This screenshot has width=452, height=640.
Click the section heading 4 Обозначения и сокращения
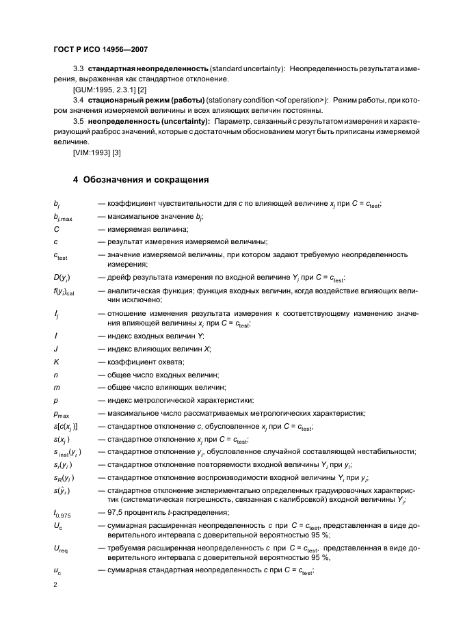141,180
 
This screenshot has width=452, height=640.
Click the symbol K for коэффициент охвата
55,362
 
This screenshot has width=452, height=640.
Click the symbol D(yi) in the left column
62,278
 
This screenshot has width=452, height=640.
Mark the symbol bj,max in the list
63,217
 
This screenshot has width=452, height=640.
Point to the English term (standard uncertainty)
247,70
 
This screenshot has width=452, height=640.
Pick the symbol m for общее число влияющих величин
56,388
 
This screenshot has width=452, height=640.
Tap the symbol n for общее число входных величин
55,375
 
